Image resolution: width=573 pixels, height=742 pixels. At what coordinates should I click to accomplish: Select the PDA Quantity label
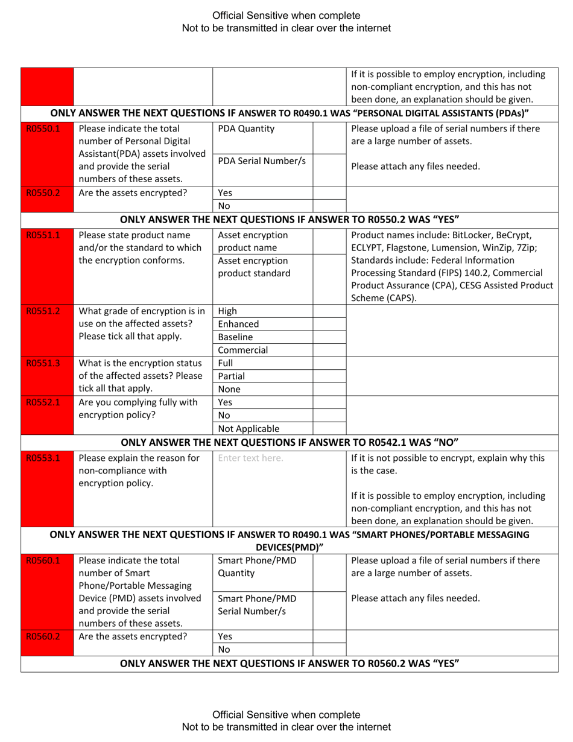(x=246, y=128)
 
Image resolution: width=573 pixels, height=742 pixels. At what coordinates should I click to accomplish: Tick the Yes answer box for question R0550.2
(x=329, y=194)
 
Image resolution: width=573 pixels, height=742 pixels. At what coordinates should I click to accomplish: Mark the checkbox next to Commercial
(x=329, y=350)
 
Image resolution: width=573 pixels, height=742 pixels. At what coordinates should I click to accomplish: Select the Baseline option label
(x=235, y=337)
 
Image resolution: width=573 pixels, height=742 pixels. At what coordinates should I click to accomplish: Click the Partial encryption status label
(x=232, y=376)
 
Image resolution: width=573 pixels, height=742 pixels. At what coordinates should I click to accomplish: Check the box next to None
(x=329, y=389)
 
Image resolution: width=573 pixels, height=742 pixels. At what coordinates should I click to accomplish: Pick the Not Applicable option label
(x=249, y=429)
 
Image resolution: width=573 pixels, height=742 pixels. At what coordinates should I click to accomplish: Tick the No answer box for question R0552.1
(x=329, y=416)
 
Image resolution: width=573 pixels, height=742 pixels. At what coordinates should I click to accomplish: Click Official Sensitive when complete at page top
(x=286, y=15)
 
